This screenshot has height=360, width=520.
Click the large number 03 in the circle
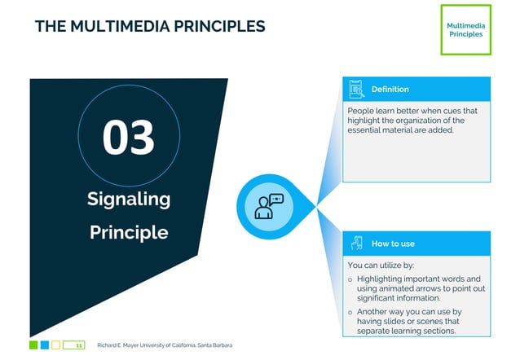[x=129, y=137]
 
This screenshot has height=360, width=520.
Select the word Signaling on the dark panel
[x=129, y=199]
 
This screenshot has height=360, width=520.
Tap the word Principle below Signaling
[x=129, y=232]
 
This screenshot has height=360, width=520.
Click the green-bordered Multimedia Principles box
[x=465, y=30]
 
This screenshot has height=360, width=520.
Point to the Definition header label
[x=390, y=89]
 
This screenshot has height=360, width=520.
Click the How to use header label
[x=393, y=244]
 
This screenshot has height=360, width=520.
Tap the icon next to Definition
[x=356, y=89]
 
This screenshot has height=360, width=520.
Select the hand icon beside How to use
[x=356, y=244]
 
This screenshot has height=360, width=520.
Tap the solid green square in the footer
[x=33, y=345]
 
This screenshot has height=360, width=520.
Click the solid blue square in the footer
[x=45, y=345]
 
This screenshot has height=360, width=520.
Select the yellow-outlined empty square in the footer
[x=56, y=345]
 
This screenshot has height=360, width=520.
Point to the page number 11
[x=78, y=345]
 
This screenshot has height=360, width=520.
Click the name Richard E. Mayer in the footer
[x=116, y=345]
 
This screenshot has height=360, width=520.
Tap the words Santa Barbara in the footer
[x=214, y=345]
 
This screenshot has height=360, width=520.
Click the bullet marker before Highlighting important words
[x=350, y=279]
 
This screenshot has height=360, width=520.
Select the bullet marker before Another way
[x=350, y=312]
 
